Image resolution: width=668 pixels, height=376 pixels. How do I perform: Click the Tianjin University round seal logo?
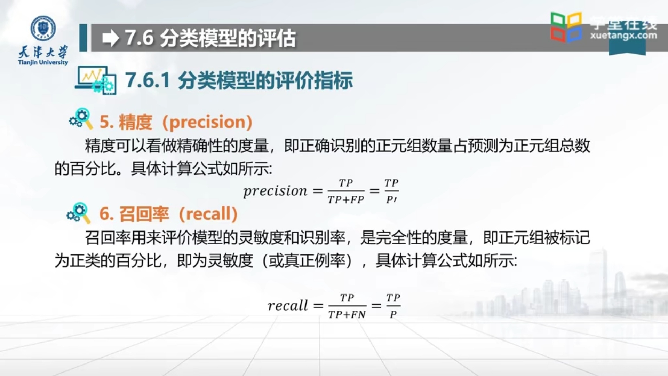pyautogui.click(x=43, y=28)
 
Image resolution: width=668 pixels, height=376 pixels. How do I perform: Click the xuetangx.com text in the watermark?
pyautogui.click(x=623, y=35)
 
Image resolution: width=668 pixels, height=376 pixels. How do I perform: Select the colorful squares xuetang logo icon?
pyautogui.click(x=566, y=27)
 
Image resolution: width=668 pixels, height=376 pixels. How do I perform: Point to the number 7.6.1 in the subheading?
pyautogui.click(x=148, y=80)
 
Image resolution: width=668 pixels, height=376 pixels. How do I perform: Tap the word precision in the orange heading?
pyautogui.click(x=208, y=122)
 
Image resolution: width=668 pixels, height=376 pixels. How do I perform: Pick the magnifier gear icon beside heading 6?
pyautogui.click(x=79, y=213)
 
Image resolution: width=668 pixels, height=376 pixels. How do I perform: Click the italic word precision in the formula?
pyautogui.click(x=275, y=191)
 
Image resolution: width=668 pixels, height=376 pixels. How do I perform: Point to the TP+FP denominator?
pyautogui.click(x=346, y=199)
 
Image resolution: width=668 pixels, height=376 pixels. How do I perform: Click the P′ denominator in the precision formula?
pyautogui.click(x=391, y=200)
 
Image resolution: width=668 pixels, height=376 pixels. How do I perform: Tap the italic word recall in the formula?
pyautogui.click(x=288, y=306)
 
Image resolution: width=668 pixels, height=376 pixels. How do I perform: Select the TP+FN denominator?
pyautogui.click(x=347, y=314)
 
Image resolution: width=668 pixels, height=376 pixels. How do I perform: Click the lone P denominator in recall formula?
pyautogui.click(x=393, y=314)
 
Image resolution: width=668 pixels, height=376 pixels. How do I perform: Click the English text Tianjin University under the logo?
pyautogui.click(x=43, y=62)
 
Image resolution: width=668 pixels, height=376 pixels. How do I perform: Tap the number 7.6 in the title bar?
pyautogui.click(x=139, y=38)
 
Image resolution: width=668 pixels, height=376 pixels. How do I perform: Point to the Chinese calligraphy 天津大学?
pyautogui.click(x=43, y=52)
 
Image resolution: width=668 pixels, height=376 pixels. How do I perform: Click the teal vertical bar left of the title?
pyautogui.click(x=83, y=38)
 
